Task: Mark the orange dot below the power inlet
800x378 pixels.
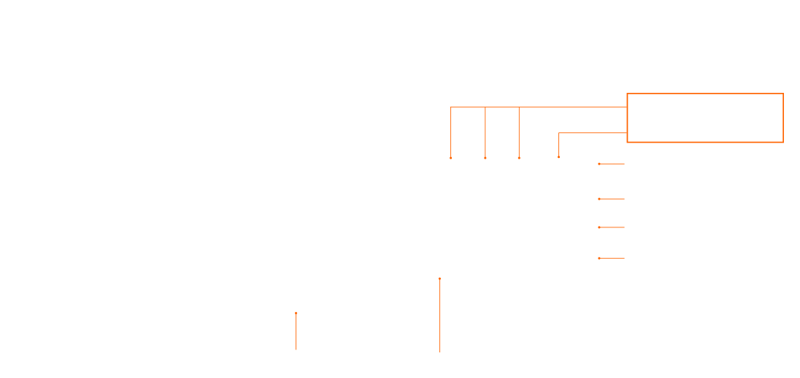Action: (439, 279)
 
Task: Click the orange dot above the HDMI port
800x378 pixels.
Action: (559, 158)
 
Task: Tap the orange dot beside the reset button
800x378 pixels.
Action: (600, 164)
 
